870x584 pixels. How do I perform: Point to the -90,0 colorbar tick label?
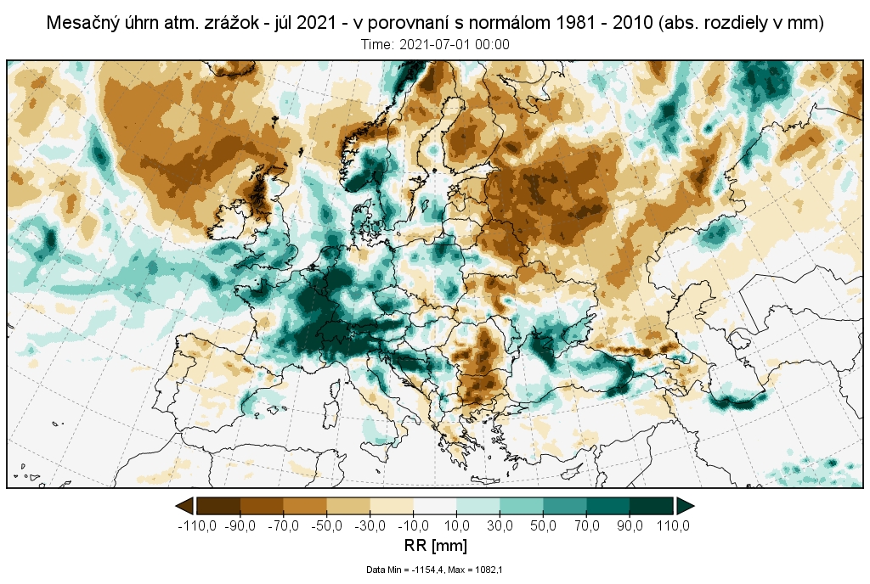tap(240, 526)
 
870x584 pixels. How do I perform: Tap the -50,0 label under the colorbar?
tap(327, 526)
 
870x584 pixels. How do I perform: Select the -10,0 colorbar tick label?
tap(414, 526)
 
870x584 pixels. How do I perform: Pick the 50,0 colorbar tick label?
tap(545, 526)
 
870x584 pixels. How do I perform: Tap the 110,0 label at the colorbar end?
tap(672, 526)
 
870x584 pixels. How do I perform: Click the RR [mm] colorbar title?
tap(435, 544)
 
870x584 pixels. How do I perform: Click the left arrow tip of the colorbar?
tap(178, 506)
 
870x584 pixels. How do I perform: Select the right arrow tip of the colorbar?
tap(693, 506)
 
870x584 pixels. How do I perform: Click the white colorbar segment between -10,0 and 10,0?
tap(435, 506)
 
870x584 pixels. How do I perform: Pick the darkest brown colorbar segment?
tap(218, 506)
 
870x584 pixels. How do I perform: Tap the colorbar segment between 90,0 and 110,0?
tap(652, 506)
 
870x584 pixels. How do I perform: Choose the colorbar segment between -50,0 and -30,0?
tap(348, 506)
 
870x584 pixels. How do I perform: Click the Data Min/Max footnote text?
tap(435, 570)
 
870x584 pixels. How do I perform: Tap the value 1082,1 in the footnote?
tap(489, 570)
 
